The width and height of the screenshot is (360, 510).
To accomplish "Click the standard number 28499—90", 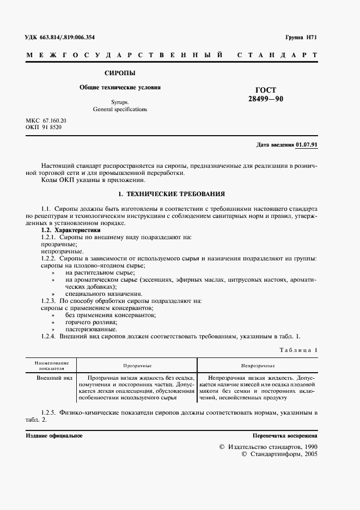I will [x=266, y=99].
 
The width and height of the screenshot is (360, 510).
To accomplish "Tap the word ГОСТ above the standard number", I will [x=266, y=90].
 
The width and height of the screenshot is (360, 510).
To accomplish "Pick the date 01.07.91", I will [x=307, y=145].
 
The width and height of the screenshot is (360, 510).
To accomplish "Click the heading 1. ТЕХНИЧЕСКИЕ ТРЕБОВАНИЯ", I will [x=172, y=194].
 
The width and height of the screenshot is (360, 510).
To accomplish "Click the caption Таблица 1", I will [x=297, y=350].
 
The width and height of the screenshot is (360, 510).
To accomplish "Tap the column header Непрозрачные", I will [x=258, y=366].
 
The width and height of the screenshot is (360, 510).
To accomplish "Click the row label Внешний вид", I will [x=54, y=377].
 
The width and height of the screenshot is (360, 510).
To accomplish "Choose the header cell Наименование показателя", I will [x=51, y=366].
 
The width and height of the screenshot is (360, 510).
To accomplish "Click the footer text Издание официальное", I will [x=54, y=436].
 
